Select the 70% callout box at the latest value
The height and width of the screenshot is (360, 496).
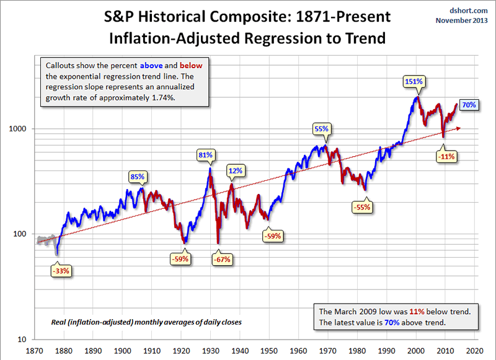469,105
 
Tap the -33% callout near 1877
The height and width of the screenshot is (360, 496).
61,270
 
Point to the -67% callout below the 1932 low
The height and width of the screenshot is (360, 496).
223,260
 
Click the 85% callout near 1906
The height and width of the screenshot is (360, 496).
137,177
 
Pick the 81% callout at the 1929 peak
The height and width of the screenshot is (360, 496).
206,154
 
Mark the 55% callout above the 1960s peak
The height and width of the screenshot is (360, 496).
321,129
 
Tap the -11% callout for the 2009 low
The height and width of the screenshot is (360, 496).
446,157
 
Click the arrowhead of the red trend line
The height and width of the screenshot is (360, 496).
459,128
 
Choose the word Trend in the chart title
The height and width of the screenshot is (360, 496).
363,38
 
